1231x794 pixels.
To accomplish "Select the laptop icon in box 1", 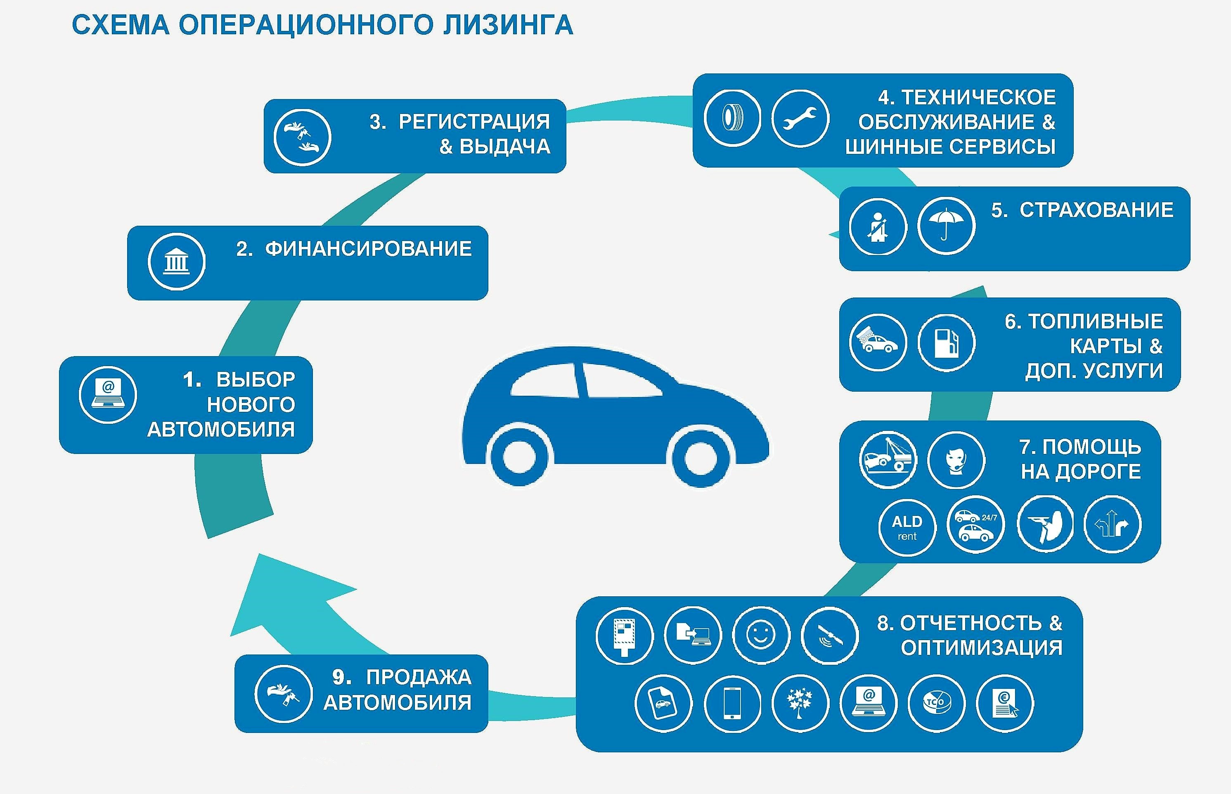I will (x=108, y=395).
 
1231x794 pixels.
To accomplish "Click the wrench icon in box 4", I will (x=800, y=118).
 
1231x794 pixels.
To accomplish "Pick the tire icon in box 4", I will (x=732, y=118).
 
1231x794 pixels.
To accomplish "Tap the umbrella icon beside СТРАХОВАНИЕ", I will (x=946, y=226).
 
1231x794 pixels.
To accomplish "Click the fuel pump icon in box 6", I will (x=946, y=343).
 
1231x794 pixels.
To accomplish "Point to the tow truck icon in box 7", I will (x=888, y=460).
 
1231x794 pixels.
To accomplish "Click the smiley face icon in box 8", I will (x=761, y=635).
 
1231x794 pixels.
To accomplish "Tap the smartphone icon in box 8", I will (x=732, y=703).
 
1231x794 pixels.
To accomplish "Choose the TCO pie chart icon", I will (x=936, y=703).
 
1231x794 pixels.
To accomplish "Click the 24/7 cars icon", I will (x=975, y=525).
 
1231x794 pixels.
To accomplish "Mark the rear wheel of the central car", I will (x=519, y=458).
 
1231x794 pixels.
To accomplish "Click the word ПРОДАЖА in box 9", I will (x=418, y=677).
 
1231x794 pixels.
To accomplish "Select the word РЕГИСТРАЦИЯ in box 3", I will (x=474, y=122).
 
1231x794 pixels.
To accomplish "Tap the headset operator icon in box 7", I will (x=956, y=460).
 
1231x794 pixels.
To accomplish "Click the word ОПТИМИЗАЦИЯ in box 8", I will (x=981, y=647).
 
